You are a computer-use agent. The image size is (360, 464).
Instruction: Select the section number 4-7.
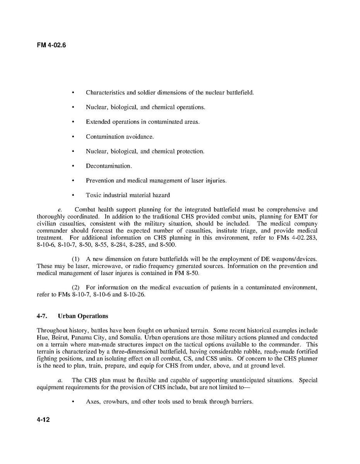[42, 316]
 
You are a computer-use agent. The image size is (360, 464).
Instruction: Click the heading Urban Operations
[83, 316]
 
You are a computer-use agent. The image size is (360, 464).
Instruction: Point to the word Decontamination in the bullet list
[108, 166]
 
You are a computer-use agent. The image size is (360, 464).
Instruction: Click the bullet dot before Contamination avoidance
[73, 137]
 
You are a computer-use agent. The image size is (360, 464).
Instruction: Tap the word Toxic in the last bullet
[93, 195]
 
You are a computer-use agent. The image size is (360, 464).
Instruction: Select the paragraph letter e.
[60, 210]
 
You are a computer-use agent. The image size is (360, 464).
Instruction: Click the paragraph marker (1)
[76, 259]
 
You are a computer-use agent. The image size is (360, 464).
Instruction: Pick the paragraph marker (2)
[76, 287]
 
